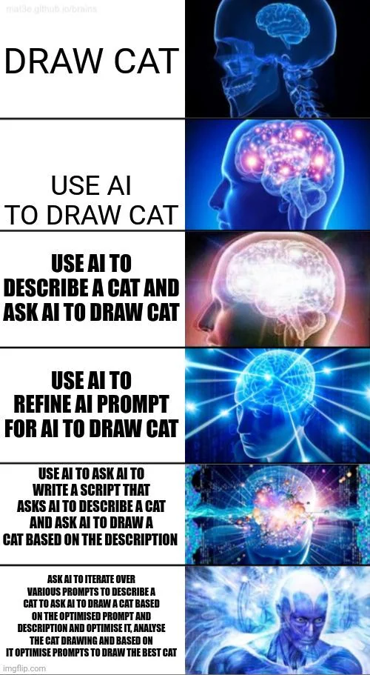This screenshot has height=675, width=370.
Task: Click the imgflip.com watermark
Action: [24, 668]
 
